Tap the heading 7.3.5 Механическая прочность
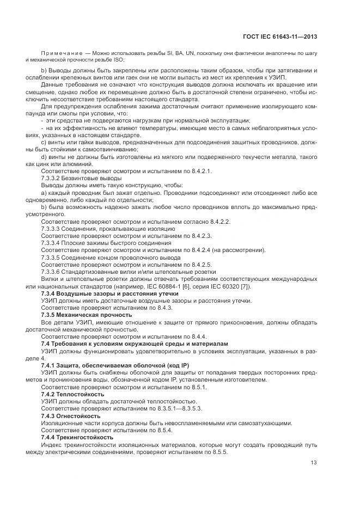[x=86, y=314]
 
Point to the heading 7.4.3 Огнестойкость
[x=70, y=415]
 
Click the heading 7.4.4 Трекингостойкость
[x=77, y=437]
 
